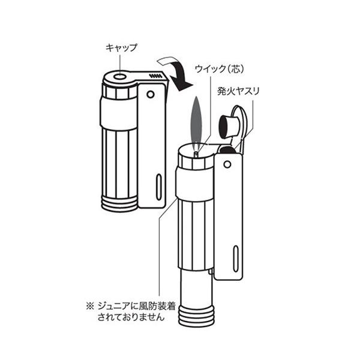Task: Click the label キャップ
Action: pyautogui.click(x=121, y=48)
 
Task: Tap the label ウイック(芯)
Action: pyautogui.click(x=219, y=68)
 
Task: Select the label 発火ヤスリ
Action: pyautogui.click(x=238, y=91)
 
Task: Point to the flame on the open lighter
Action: pyautogui.click(x=196, y=124)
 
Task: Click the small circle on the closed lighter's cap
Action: pyautogui.click(x=119, y=76)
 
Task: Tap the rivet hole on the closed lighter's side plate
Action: pyautogui.click(x=151, y=94)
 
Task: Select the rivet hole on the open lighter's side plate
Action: pyautogui.click(x=227, y=164)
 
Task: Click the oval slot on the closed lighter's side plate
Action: pyautogui.click(x=158, y=187)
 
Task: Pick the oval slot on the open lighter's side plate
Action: pyautogui.click(x=236, y=259)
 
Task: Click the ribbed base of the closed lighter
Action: pyautogui.click(x=119, y=204)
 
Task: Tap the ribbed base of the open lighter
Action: pyautogui.click(x=196, y=316)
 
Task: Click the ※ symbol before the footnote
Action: pyautogui.click(x=90, y=306)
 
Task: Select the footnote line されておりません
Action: pyautogui.click(x=131, y=317)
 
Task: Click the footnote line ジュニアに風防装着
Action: pyautogui.click(x=137, y=306)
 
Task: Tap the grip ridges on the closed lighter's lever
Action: pyautogui.click(x=155, y=76)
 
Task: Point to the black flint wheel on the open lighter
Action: pyautogui.click(x=227, y=150)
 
